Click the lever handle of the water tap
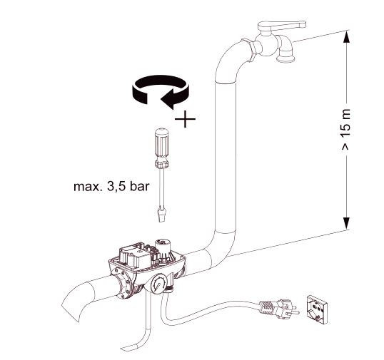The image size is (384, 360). click(282, 26)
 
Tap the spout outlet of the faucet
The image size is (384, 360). click(286, 59)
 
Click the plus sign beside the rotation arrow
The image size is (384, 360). click(185, 119)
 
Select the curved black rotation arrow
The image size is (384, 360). click(161, 91)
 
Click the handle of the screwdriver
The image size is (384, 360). click(161, 148)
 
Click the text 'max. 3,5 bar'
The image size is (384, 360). click(111, 187)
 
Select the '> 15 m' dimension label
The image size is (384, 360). click(345, 130)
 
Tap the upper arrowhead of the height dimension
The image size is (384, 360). click(346, 37)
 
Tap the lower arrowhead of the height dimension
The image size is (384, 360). click(346, 223)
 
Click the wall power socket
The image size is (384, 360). click(318, 309)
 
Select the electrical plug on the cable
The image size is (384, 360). click(279, 309)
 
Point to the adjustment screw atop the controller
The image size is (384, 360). click(162, 243)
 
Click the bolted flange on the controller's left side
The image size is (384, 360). click(122, 284)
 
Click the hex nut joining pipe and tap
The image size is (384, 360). click(250, 49)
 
